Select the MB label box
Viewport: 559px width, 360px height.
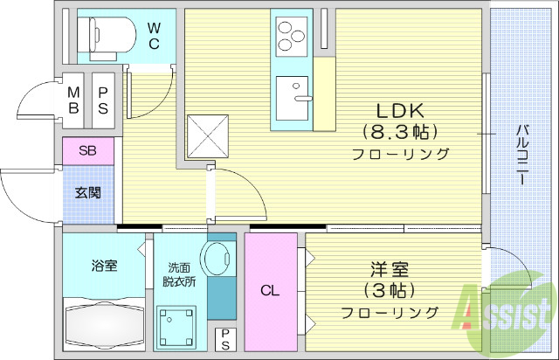click(x=74, y=100)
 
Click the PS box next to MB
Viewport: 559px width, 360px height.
click(x=102, y=100)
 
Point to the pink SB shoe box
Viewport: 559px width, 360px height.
click(x=87, y=150)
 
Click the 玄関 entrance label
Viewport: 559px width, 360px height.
click(x=87, y=191)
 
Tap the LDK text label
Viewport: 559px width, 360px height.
click(x=399, y=111)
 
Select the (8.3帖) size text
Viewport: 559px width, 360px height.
click(x=399, y=132)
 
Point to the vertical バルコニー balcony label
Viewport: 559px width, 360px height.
click(x=521, y=154)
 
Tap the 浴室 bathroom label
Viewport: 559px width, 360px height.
click(x=103, y=266)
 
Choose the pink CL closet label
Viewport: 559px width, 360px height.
click(x=270, y=291)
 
